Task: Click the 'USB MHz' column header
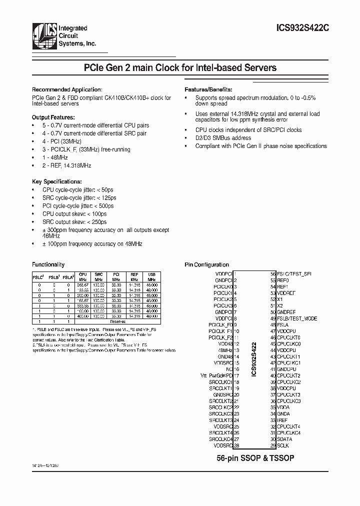click(x=151, y=276)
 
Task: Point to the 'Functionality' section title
click(x=48, y=264)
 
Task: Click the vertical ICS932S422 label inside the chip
click(x=254, y=358)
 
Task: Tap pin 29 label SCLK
click(x=283, y=445)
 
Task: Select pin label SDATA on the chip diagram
click(x=284, y=439)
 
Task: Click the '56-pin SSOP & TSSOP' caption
click(x=255, y=458)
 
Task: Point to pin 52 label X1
click(x=280, y=299)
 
